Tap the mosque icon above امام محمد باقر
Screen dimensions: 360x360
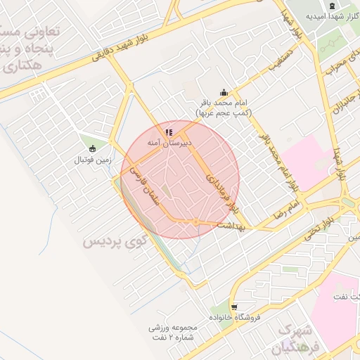224,92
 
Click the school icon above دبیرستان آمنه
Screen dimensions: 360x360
168,131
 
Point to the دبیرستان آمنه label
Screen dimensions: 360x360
174,142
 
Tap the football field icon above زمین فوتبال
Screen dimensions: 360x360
93,148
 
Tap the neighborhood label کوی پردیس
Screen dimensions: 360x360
115,241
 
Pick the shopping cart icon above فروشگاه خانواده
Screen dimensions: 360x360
233,307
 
